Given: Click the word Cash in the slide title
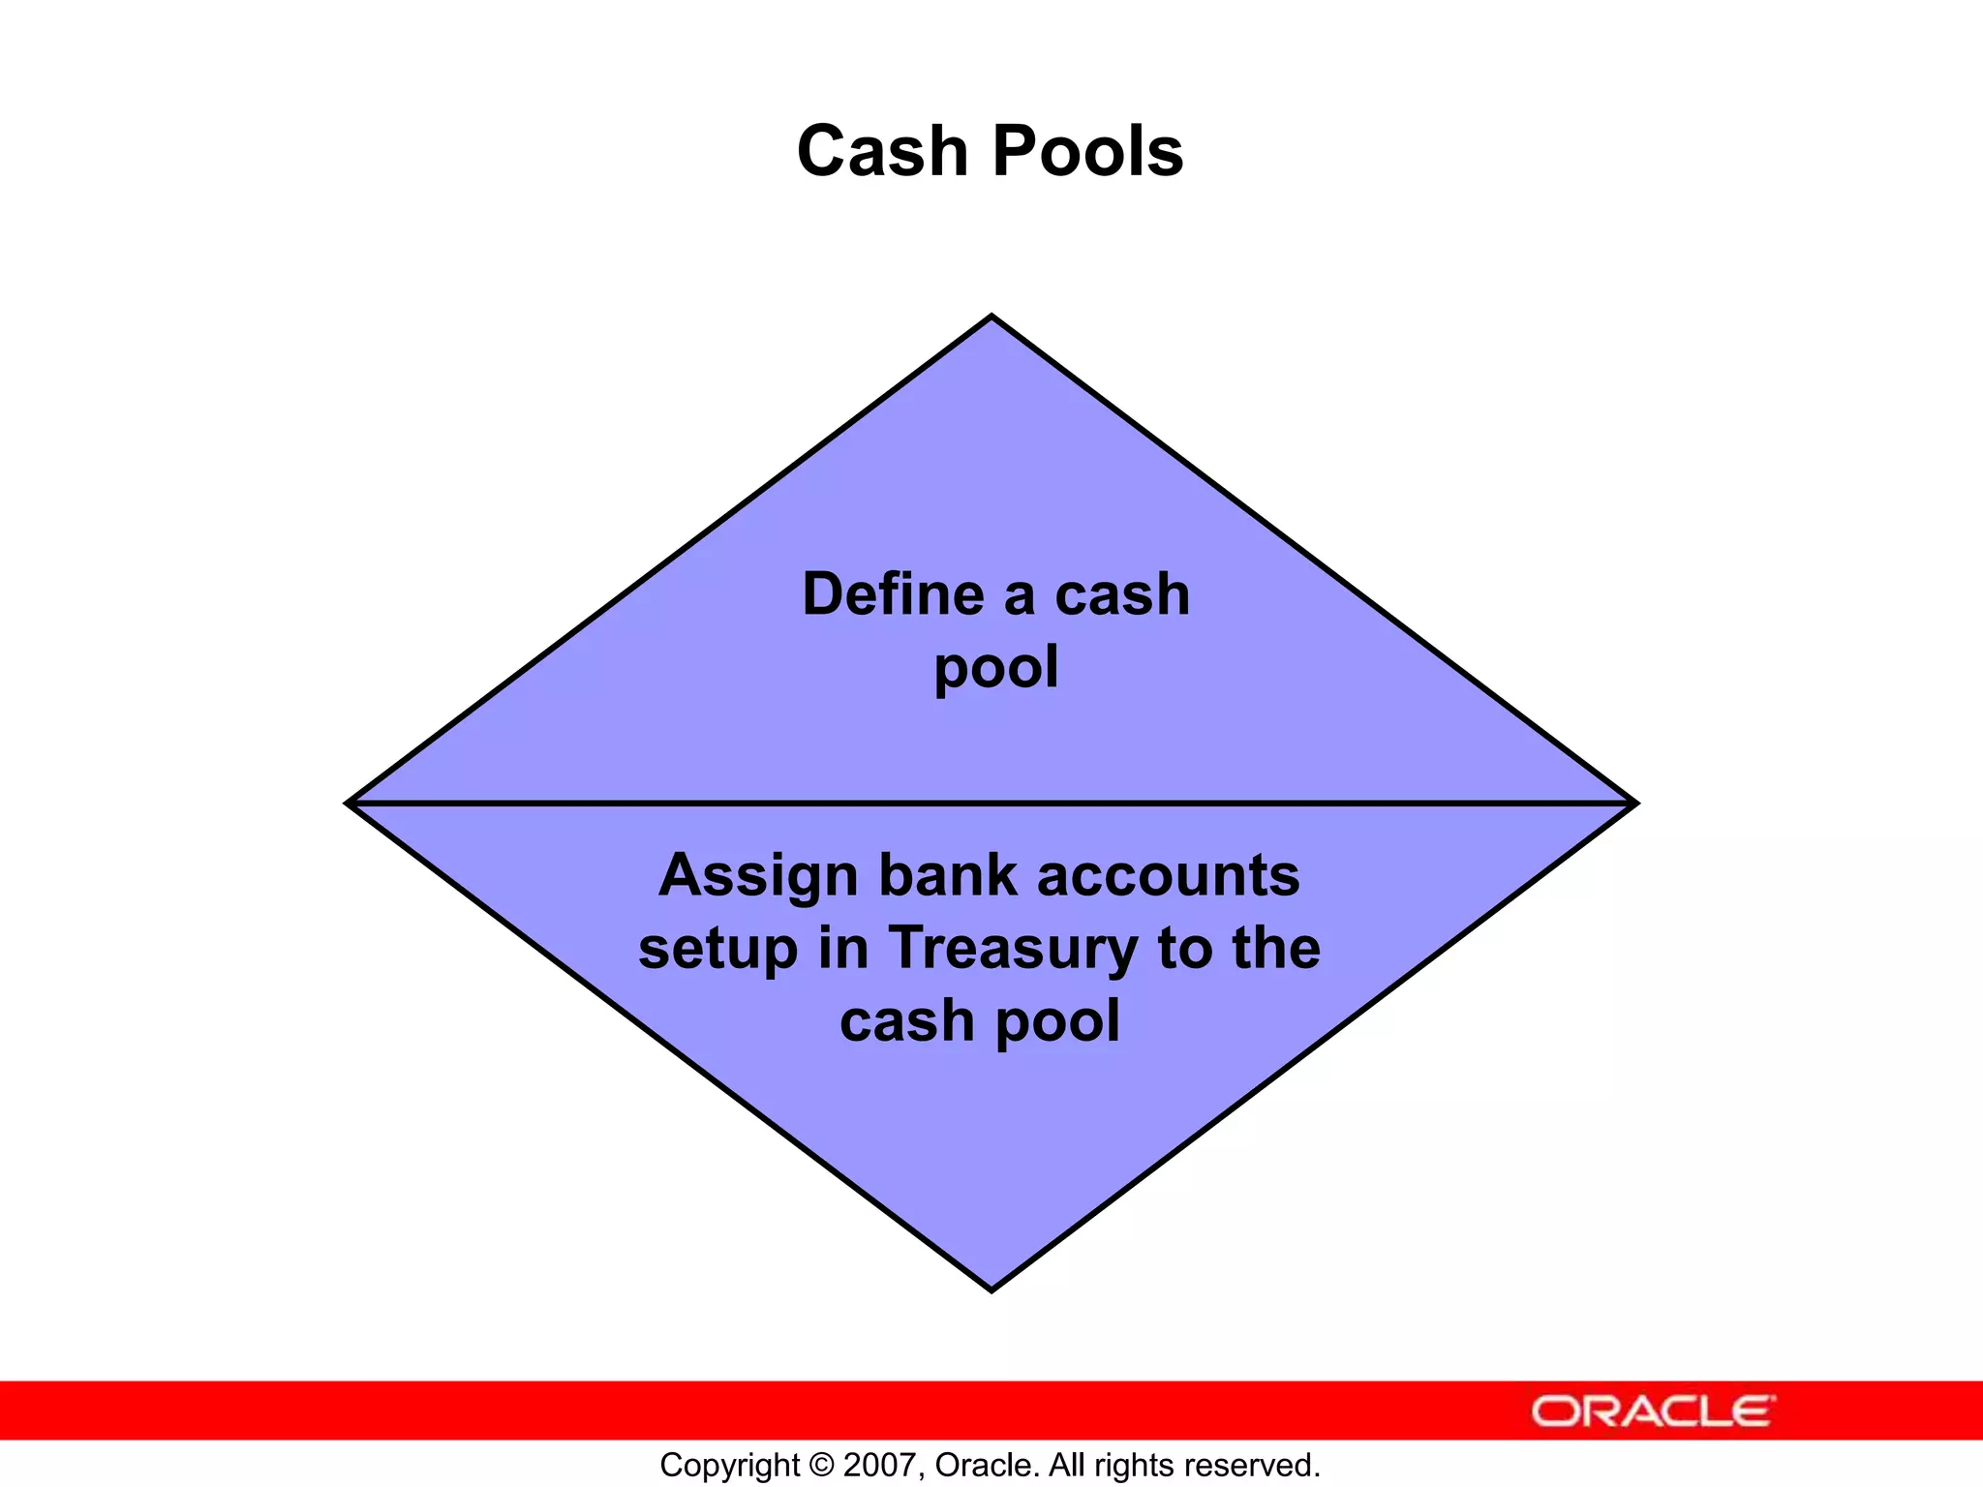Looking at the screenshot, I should pyautogui.click(x=881, y=152).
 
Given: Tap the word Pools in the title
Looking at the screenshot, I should pyautogui.click(x=1087, y=152).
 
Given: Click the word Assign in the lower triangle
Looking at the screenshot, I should pyautogui.click(x=757, y=875).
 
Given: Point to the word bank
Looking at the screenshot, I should pyautogui.click(x=947, y=875).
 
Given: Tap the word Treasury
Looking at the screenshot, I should pyautogui.click(x=1013, y=950).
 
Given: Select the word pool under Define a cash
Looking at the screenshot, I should pyautogui.click(x=996, y=668).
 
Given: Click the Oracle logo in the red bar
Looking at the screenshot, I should pyautogui.click(x=1653, y=1411).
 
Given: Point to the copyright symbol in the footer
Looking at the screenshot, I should pyautogui.click(x=821, y=1465).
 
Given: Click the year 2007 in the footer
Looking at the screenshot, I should pyautogui.click(x=875, y=1465).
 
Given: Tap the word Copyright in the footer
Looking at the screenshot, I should pyautogui.click(x=730, y=1466).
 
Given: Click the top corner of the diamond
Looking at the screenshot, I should pyautogui.click(x=991, y=317).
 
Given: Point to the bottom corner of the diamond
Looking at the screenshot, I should pyautogui.click(x=991, y=1289).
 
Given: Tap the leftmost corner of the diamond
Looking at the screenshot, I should pyautogui.click(x=350, y=803).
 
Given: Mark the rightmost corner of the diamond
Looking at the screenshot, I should pyautogui.click(x=1634, y=803).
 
